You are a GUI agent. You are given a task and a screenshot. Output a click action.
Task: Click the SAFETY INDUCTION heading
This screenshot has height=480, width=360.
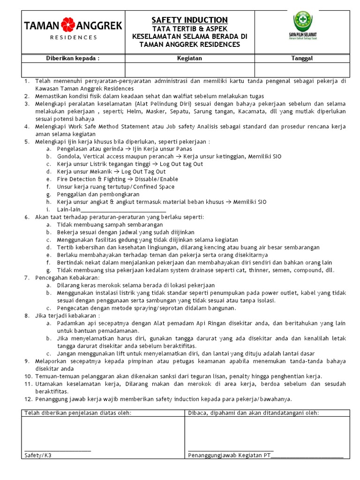point(190,20)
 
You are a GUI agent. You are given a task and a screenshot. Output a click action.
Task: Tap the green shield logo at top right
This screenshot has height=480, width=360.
point(303,22)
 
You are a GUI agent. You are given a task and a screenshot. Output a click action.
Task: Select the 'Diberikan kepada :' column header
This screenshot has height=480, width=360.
point(73,58)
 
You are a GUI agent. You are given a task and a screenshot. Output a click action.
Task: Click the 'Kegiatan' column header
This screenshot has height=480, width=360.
point(189,58)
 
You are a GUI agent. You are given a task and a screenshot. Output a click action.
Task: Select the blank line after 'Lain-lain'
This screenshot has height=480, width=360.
point(124,210)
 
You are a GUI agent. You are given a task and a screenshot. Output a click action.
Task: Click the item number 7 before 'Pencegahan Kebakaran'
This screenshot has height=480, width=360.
point(27,277)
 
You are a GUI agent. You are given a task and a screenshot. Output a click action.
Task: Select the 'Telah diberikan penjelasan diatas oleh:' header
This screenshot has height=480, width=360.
point(78,412)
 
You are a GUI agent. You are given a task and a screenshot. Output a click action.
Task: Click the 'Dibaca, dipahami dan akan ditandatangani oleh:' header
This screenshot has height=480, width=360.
point(254,412)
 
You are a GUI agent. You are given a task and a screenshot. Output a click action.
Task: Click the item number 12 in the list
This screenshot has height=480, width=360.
point(28,399)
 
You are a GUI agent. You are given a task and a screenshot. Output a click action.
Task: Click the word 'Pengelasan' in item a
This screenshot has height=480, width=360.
point(72,149)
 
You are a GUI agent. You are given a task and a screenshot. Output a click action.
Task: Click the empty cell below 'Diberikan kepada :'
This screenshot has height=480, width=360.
point(73,69)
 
